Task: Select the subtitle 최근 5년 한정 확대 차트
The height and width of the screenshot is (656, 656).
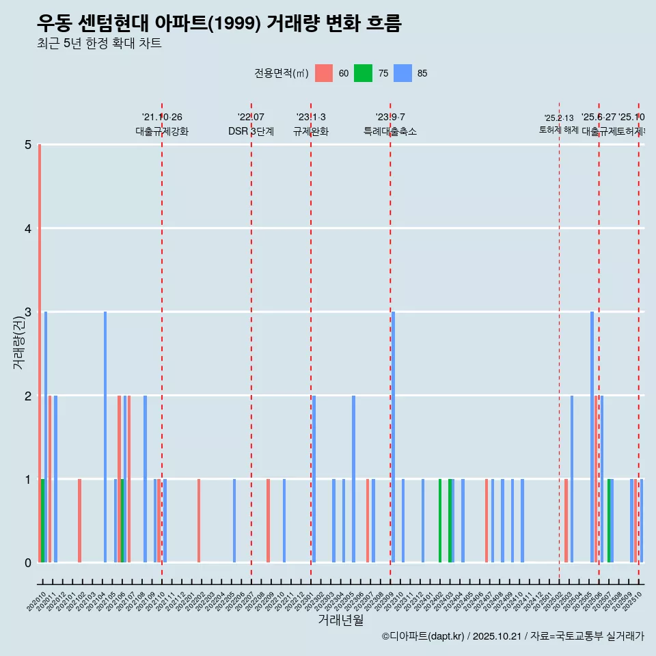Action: click(99, 44)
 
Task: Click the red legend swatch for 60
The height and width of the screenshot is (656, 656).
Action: click(324, 73)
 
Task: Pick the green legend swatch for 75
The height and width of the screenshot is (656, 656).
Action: click(363, 73)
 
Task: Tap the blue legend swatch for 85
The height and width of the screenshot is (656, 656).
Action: click(403, 73)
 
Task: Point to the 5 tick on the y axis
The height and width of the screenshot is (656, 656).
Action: click(27, 145)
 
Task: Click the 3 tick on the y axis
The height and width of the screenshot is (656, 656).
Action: click(27, 312)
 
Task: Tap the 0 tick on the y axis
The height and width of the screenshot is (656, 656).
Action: click(27, 563)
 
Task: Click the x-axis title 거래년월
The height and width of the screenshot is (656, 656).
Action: click(340, 620)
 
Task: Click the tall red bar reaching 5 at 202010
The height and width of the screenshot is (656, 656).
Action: click(40, 353)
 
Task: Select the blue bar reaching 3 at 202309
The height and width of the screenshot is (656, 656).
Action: click(394, 437)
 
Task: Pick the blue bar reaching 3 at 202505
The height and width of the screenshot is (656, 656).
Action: click(592, 437)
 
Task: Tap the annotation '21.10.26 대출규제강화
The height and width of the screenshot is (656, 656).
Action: click(162, 124)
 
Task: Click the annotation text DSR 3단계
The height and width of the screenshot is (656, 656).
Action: click(251, 131)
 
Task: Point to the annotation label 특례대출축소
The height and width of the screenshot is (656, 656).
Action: click(389, 131)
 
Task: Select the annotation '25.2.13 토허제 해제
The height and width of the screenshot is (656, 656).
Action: click(559, 124)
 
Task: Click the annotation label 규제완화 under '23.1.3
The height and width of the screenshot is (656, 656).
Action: click(311, 131)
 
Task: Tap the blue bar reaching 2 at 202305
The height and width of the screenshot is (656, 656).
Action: click(353, 479)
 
